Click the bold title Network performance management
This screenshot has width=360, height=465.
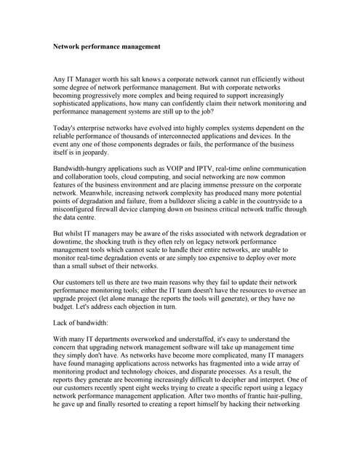[x=107, y=46]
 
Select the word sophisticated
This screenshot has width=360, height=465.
[x=79, y=103]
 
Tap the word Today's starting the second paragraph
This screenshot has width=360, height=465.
[x=68, y=128]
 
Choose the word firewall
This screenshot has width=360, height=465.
[x=110, y=211]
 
